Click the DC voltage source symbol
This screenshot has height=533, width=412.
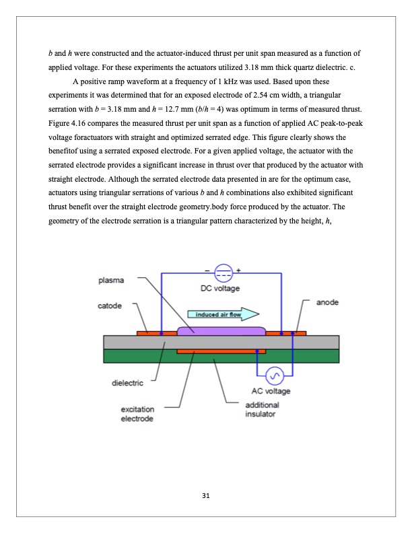pos(221,273)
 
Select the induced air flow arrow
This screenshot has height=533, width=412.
pos(222,314)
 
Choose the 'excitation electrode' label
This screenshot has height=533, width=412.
pos(137,413)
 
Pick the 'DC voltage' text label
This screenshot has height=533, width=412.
pos(221,288)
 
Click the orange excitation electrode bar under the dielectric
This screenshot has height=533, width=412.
pos(221,351)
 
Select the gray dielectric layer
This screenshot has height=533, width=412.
pos(135,343)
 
